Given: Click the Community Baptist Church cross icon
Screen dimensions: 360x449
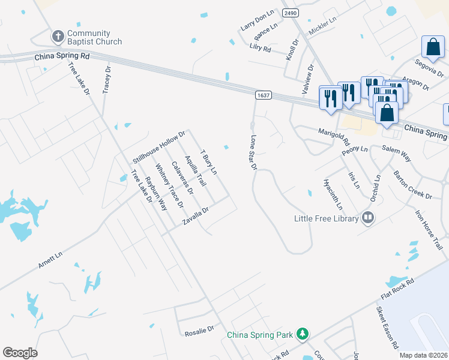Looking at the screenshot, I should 58,37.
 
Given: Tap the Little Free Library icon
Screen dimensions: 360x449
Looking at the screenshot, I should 368,218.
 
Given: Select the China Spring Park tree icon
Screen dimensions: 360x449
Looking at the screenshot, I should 303,333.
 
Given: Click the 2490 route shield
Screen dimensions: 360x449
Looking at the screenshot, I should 291,13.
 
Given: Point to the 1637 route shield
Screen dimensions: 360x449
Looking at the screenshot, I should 262,95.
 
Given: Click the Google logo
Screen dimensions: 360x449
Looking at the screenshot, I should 20,353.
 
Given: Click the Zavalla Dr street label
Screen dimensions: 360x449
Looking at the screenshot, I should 196,217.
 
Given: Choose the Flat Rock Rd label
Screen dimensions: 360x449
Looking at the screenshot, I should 397,289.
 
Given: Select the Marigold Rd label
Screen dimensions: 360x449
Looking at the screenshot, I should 334,136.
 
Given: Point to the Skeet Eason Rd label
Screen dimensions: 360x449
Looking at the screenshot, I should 387,328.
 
